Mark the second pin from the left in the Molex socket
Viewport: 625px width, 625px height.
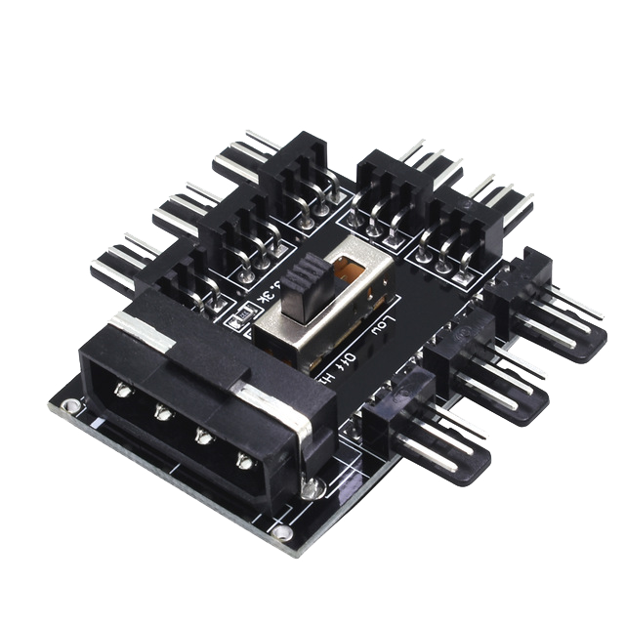tap(162, 412)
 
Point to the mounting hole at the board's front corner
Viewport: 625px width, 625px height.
tap(282, 532)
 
